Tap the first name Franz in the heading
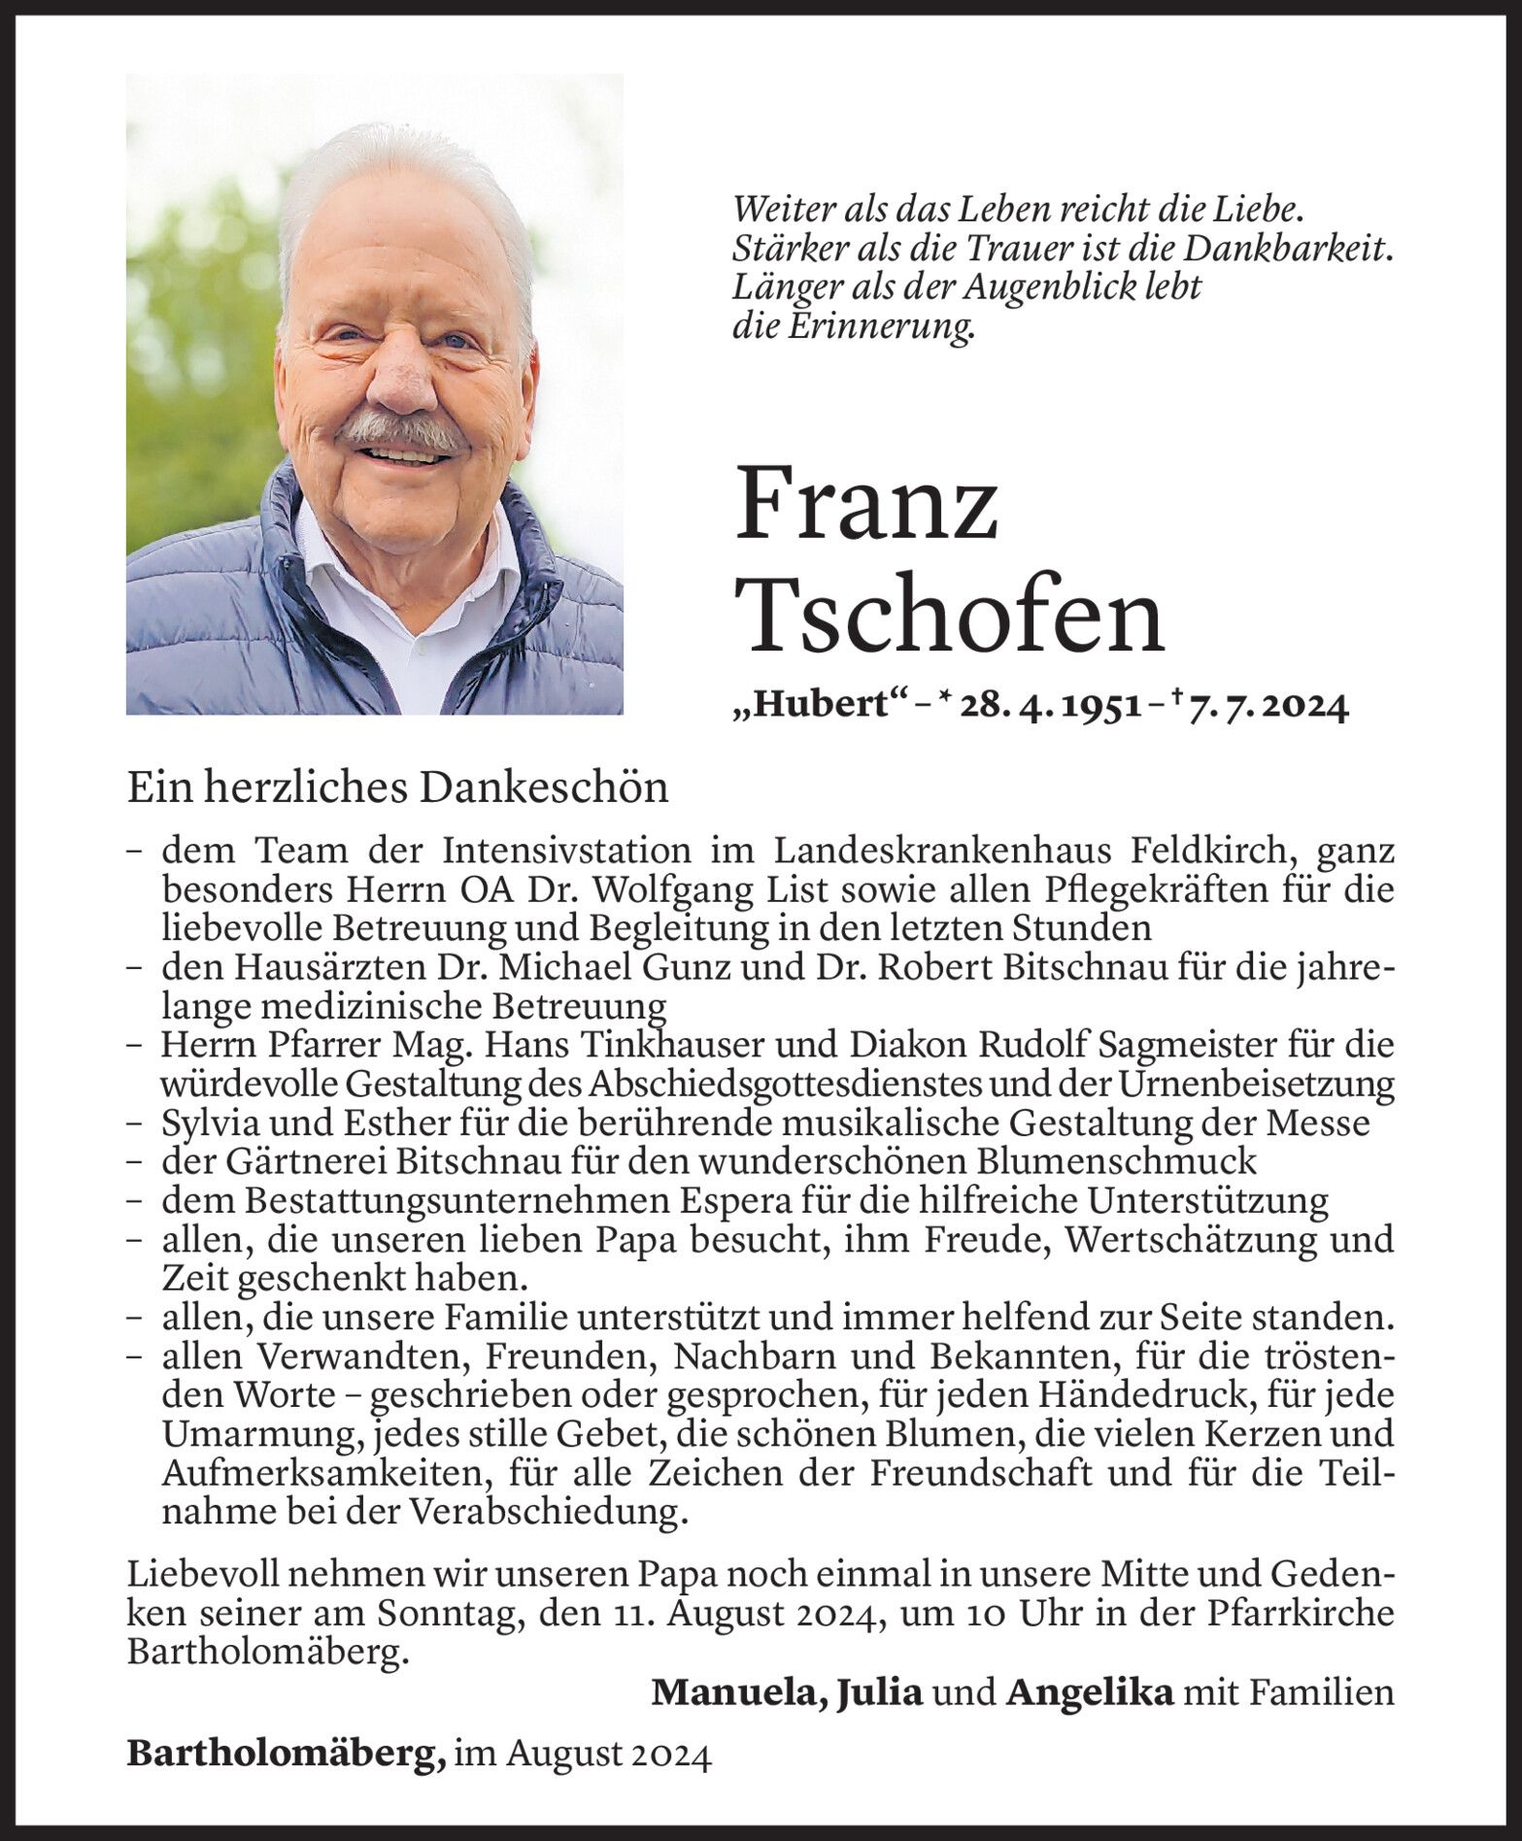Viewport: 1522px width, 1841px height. tap(866, 506)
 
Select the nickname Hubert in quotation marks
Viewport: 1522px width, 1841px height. tap(818, 707)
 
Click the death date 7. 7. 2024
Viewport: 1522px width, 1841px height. tap(1268, 707)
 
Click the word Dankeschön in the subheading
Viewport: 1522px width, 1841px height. tap(544, 788)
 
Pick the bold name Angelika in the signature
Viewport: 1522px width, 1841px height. tap(1091, 1692)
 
